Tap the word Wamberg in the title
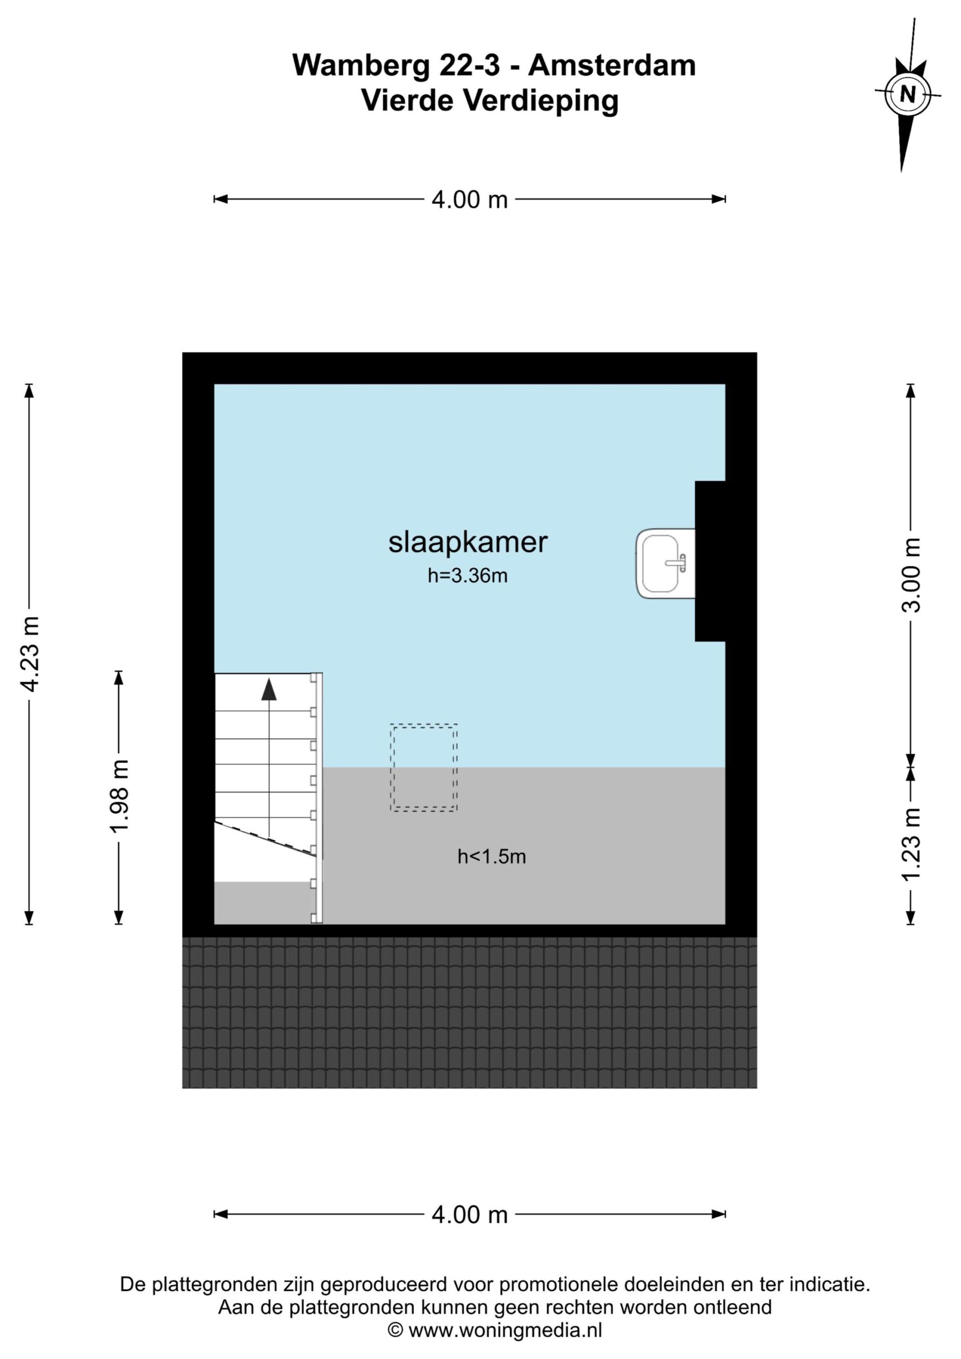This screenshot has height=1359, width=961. pos(361,65)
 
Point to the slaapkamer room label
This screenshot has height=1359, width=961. pos(468,542)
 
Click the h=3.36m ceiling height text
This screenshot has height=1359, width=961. pos(468,575)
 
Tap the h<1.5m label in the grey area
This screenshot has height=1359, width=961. pos(492,856)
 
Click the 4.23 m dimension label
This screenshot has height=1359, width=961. pos(30,653)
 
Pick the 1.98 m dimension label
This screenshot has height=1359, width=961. pos(119,797)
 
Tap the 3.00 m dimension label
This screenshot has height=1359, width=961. pos(911,575)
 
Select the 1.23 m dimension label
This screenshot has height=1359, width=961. pos(911,845)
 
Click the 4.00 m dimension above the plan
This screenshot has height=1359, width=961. pos(469,200)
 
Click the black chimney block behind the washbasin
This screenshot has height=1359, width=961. pos(710,561)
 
